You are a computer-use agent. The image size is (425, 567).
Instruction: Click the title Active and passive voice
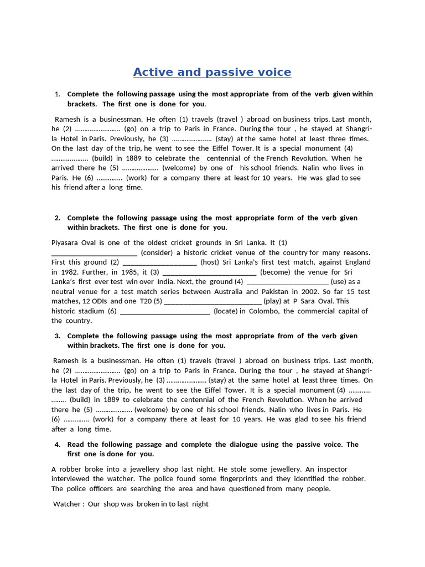point(212,72)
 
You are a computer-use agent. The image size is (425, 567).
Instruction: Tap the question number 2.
point(57,218)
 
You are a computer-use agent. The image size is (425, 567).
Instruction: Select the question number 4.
point(57,444)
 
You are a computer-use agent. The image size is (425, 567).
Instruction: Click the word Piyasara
point(65,243)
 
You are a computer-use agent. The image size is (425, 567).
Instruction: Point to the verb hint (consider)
point(158,252)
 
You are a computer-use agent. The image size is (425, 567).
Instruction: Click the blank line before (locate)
point(164,311)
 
